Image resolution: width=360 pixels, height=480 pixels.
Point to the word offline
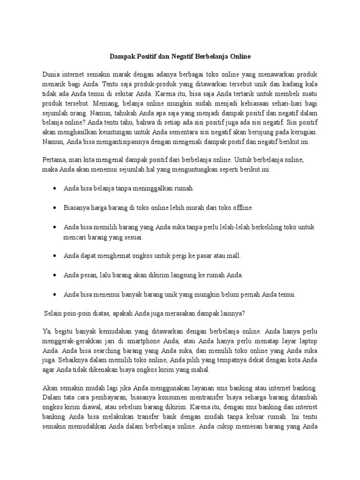coord(242,207)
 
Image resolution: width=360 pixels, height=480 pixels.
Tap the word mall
coord(233,256)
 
